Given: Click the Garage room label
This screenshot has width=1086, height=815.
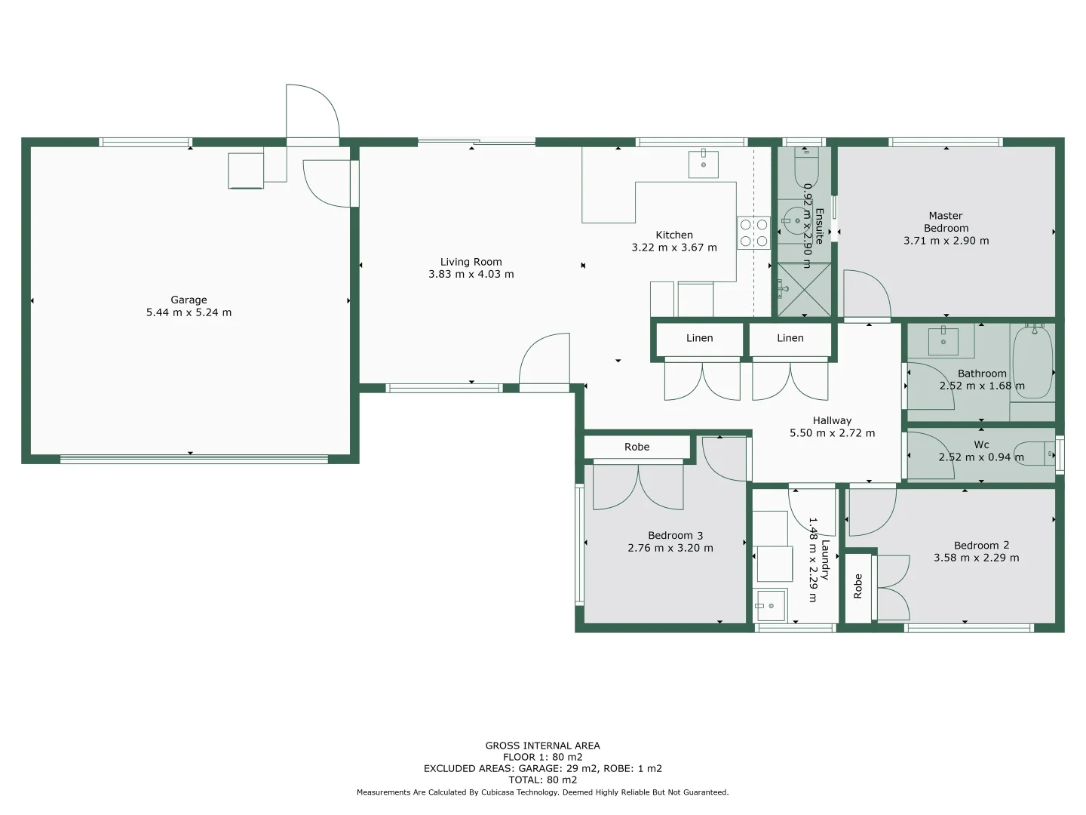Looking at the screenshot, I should point(189,300).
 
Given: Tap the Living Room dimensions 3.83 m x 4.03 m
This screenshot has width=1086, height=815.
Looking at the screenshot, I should point(471,275).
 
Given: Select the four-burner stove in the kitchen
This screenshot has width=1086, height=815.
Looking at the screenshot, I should point(753,232).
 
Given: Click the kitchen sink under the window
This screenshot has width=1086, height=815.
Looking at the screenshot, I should point(704,164).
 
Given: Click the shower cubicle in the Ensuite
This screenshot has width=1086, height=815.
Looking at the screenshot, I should point(804,290).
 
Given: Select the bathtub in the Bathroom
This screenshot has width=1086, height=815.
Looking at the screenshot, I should point(1032,362).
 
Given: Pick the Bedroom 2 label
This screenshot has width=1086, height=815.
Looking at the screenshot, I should point(981,546).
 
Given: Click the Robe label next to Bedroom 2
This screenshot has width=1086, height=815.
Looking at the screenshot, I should point(857,586).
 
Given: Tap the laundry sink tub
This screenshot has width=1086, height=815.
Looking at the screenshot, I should point(770,605).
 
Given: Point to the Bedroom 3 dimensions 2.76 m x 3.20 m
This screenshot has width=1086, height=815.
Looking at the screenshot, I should point(670,549).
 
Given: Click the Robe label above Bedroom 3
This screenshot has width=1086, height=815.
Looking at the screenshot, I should point(637,447).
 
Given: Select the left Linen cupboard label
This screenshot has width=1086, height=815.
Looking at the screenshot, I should point(699,338).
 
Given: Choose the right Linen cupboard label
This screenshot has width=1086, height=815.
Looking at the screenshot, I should point(790,338).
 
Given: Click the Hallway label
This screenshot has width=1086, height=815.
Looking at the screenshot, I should point(832,420).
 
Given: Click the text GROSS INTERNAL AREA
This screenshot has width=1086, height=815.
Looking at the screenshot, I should point(542,746).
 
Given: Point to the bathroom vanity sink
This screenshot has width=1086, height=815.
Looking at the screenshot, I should point(943,341).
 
